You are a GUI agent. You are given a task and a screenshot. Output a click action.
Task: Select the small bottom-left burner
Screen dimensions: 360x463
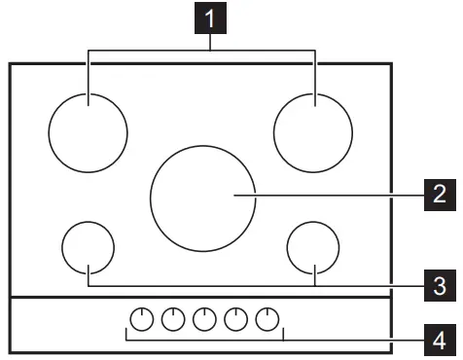88,247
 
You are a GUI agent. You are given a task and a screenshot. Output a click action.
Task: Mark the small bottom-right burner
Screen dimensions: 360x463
314,247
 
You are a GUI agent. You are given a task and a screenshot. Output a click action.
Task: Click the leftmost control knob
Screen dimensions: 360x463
142,318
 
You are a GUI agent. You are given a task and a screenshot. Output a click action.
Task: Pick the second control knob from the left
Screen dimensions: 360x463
173,318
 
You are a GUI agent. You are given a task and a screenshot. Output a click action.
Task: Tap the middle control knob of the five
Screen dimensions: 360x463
204,318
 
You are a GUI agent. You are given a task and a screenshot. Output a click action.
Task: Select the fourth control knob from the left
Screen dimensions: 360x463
235,318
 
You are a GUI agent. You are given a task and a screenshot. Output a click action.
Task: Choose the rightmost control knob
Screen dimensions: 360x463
267,318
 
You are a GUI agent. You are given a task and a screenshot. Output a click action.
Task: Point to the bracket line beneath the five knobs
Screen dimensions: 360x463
204,341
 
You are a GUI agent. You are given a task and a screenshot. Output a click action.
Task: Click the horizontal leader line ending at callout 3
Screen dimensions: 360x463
370,286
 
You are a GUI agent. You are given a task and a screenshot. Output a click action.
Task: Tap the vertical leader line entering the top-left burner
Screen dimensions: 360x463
88,73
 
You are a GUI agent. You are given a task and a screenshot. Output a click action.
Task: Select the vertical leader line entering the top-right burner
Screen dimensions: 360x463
315,73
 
